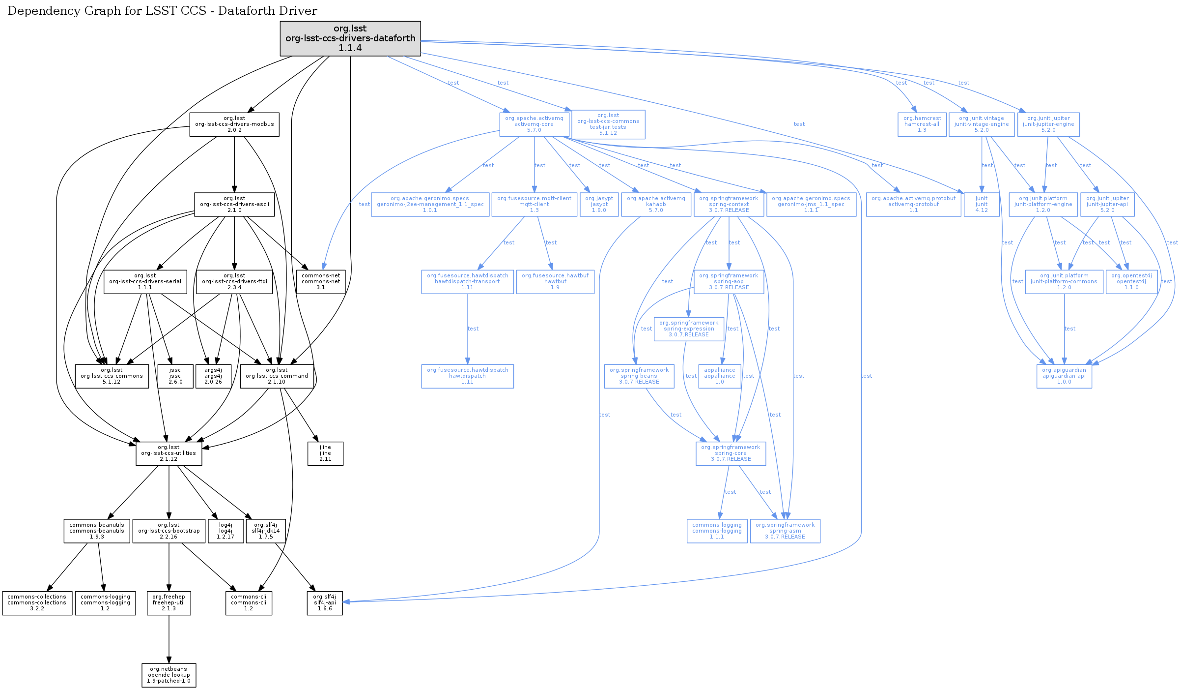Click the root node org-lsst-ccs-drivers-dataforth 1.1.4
350,38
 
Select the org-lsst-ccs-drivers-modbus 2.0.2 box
234,124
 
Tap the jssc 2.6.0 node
175,376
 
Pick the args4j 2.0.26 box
213,376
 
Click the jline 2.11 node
325,453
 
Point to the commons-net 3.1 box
321,282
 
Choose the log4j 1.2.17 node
225,531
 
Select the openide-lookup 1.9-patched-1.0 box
169,675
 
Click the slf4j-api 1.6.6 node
325,603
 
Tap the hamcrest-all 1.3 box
922,124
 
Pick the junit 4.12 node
982,205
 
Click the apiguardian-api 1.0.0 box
1064,376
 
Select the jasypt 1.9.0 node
599,205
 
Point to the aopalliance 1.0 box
720,376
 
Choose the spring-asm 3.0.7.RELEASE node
785,531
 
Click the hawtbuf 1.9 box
555,282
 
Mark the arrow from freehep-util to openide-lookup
169,639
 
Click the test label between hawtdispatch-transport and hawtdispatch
473,329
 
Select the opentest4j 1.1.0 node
1131,282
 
